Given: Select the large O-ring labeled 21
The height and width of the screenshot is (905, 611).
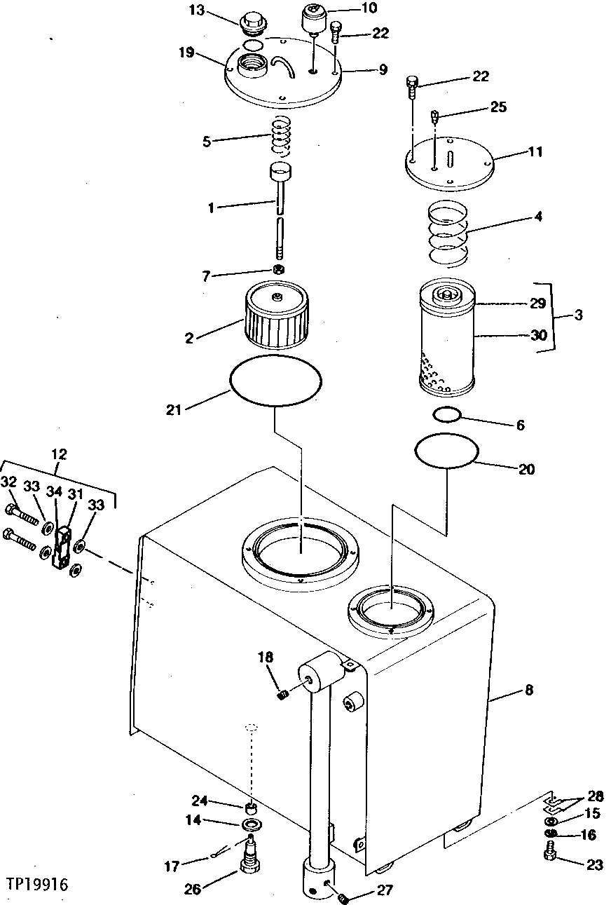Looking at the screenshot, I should (275, 379).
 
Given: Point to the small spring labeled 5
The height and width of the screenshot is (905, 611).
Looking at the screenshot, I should (281, 135).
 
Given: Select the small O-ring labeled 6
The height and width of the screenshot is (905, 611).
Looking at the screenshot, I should (278, 270).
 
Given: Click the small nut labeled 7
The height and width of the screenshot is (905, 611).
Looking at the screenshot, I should (278, 270).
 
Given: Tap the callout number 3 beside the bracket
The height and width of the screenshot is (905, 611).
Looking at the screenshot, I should (578, 315).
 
